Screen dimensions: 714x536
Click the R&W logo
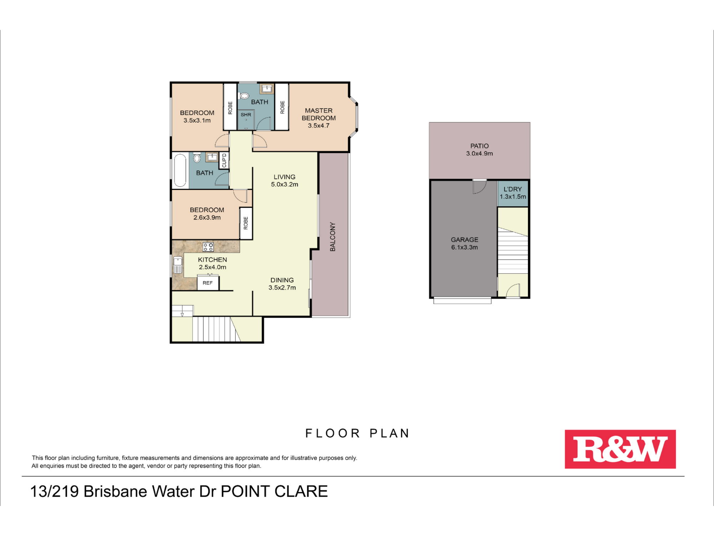620,449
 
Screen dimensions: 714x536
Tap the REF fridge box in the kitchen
208,283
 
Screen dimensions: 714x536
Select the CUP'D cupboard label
224,160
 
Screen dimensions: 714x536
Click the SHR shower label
246,115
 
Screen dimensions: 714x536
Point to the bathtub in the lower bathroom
180,170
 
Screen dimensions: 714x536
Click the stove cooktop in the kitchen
208,247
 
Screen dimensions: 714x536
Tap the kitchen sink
178,265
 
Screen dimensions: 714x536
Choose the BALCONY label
333,237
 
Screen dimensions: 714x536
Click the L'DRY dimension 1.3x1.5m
513,197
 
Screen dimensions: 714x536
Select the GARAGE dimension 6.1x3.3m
464,247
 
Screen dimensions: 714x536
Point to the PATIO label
479,146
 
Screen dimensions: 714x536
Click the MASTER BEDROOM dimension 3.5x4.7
318,125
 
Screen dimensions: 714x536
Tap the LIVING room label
285,177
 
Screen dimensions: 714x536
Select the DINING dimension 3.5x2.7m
282,288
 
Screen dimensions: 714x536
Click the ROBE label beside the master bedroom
282,107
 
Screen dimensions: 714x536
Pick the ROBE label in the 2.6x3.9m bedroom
246,223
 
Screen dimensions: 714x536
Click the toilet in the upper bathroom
244,96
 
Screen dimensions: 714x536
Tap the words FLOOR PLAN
357,433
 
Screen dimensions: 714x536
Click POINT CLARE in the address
274,491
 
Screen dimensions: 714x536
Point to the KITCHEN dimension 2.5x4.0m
212,267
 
